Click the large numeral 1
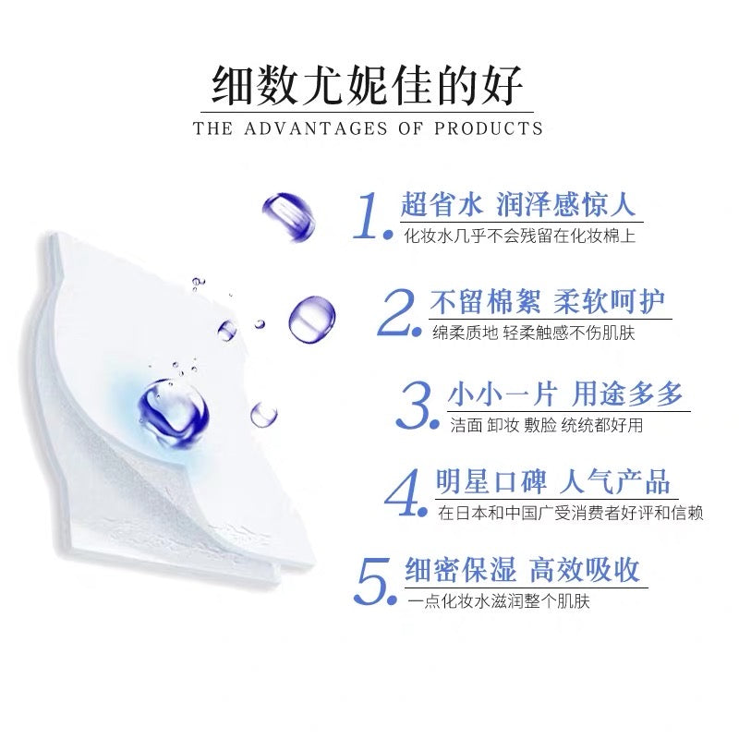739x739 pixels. pyautogui.click(x=369, y=215)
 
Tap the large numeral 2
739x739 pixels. pyautogui.click(x=396, y=312)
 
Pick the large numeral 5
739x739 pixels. pyautogui.click(x=372, y=581)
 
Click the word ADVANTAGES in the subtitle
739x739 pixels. pyautogui.click(x=315, y=128)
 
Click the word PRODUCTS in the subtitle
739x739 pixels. pyautogui.click(x=489, y=128)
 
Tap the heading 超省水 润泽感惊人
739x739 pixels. pyautogui.click(x=518, y=205)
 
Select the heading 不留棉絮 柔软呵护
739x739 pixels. pyautogui.click(x=548, y=302)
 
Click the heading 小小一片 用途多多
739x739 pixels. pyautogui.click(x=565, y=394)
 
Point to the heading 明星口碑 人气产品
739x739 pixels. pyautogui.click(x=552, y=481)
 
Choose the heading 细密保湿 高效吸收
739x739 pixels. pyautogui.click(x=522, y=570)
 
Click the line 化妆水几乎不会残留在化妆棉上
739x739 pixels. pyautogui.click(x=519, y=236)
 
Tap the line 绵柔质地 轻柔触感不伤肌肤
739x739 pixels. pyautogui.click(x=534, y=333)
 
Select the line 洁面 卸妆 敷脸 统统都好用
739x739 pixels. pyautogui.click(x=546, y=425)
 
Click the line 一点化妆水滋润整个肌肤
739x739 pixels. pyautogui.click(x=499, y=602)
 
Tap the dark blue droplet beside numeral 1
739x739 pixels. pyautogui.click(x=289, y=217)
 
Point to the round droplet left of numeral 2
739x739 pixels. pyautogui.click(x=312, y=319)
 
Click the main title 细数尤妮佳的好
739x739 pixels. pyautogui.click(x=367, y=86)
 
